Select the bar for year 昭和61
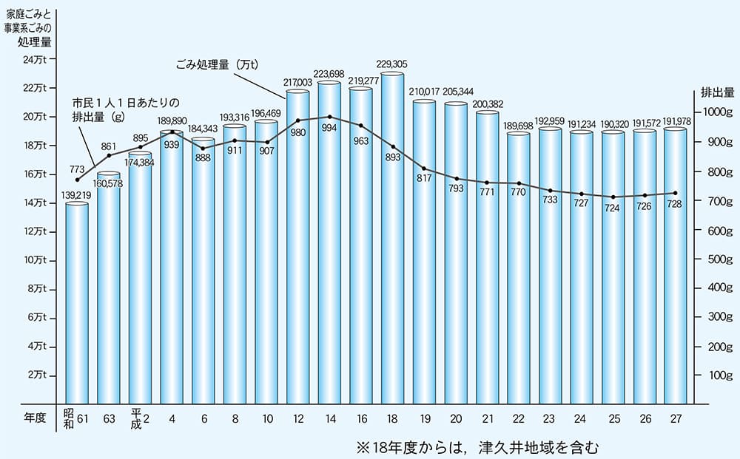click(x=77, y=303)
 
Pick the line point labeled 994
click(x=329, y=117)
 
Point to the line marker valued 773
click(x=78, y=180)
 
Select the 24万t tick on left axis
click(x=33, y=60)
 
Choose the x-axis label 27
click(x=676, y=418)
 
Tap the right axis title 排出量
click(x=717, y=92)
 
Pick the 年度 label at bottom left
click(x=34, y=418)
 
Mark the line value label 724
click(x=612, y=208)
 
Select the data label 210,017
click(x=424, y=92)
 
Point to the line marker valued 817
click(x=424, y=169)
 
